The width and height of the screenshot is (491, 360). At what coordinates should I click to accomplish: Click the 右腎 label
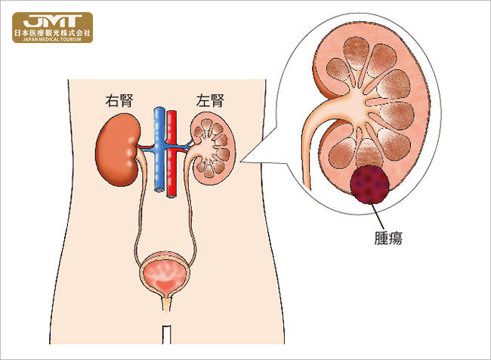pos(119,100)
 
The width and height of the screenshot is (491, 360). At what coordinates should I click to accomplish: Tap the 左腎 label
pos(210,100)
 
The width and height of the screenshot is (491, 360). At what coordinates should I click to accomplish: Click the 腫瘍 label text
pos(388,238)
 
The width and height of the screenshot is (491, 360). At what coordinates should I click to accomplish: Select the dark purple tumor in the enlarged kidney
pos(369,185)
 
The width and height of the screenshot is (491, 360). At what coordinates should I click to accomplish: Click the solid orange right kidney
pos(117,150)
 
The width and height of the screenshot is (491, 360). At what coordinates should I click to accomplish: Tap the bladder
pos(165,274)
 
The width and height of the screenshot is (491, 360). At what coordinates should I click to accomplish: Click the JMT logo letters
pos(52,21)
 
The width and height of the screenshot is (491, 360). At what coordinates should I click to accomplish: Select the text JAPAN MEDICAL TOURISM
pos(52,39)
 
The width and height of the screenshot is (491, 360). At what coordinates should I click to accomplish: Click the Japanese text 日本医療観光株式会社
pos(52,32)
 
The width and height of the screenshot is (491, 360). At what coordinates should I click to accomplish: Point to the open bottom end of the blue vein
pos(159,189)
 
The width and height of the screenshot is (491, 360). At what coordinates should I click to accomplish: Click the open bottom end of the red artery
pos(171,196)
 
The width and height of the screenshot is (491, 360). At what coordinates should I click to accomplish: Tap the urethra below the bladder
pos(167,305)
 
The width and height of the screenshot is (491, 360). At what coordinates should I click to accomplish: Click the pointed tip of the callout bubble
pos(240,162)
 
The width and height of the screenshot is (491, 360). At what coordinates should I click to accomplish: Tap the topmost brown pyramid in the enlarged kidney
pos(356,52)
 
